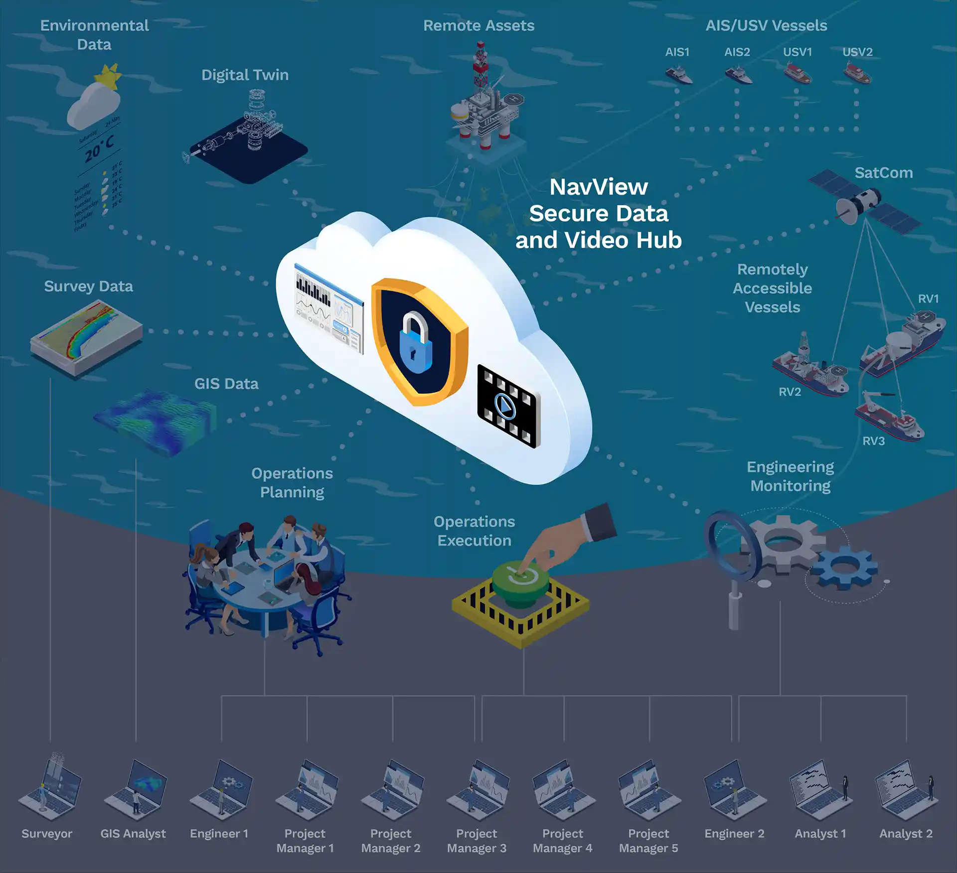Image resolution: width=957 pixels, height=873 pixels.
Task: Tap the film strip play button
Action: (505, 407)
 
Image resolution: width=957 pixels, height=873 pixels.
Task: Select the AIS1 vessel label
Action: (677, 52)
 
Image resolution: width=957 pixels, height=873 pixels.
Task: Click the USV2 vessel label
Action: (857, 52)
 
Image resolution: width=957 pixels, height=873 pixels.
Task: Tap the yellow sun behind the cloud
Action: (108, 77)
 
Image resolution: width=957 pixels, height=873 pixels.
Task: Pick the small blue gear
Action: (844, 568)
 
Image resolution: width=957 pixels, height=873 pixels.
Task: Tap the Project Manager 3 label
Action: (477, 841)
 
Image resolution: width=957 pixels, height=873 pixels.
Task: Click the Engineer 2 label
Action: (734, 834)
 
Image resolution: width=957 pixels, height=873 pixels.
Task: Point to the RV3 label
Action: (873, 441)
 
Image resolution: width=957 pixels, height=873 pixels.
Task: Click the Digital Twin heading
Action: (245, 75)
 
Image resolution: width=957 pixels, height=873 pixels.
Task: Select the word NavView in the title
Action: (599, 187)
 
